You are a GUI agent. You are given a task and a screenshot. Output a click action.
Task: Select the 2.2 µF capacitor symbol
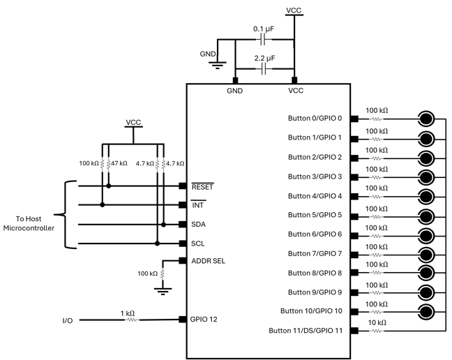(265, 70)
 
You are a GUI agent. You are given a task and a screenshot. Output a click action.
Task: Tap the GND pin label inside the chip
(235, 91)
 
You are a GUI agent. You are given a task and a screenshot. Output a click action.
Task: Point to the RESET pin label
(203, 186)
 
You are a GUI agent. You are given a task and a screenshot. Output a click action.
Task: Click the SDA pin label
(199, 225)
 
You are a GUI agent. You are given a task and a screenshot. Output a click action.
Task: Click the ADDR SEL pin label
(208, 261)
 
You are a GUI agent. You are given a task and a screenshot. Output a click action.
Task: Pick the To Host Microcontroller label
(29, 223)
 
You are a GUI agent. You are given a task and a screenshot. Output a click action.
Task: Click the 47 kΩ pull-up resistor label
(119, 163)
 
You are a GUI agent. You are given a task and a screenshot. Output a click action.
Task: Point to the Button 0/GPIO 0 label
(315, 119)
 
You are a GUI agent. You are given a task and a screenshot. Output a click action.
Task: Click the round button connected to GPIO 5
(427, 215)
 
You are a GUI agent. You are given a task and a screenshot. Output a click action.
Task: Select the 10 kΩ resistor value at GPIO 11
(377, 322)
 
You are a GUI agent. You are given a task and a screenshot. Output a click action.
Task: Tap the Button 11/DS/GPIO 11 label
(305, 330)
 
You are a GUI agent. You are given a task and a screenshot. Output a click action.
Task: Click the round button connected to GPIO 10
(427, 311)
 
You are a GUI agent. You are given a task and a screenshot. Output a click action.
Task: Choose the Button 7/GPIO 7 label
(315, 253)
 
